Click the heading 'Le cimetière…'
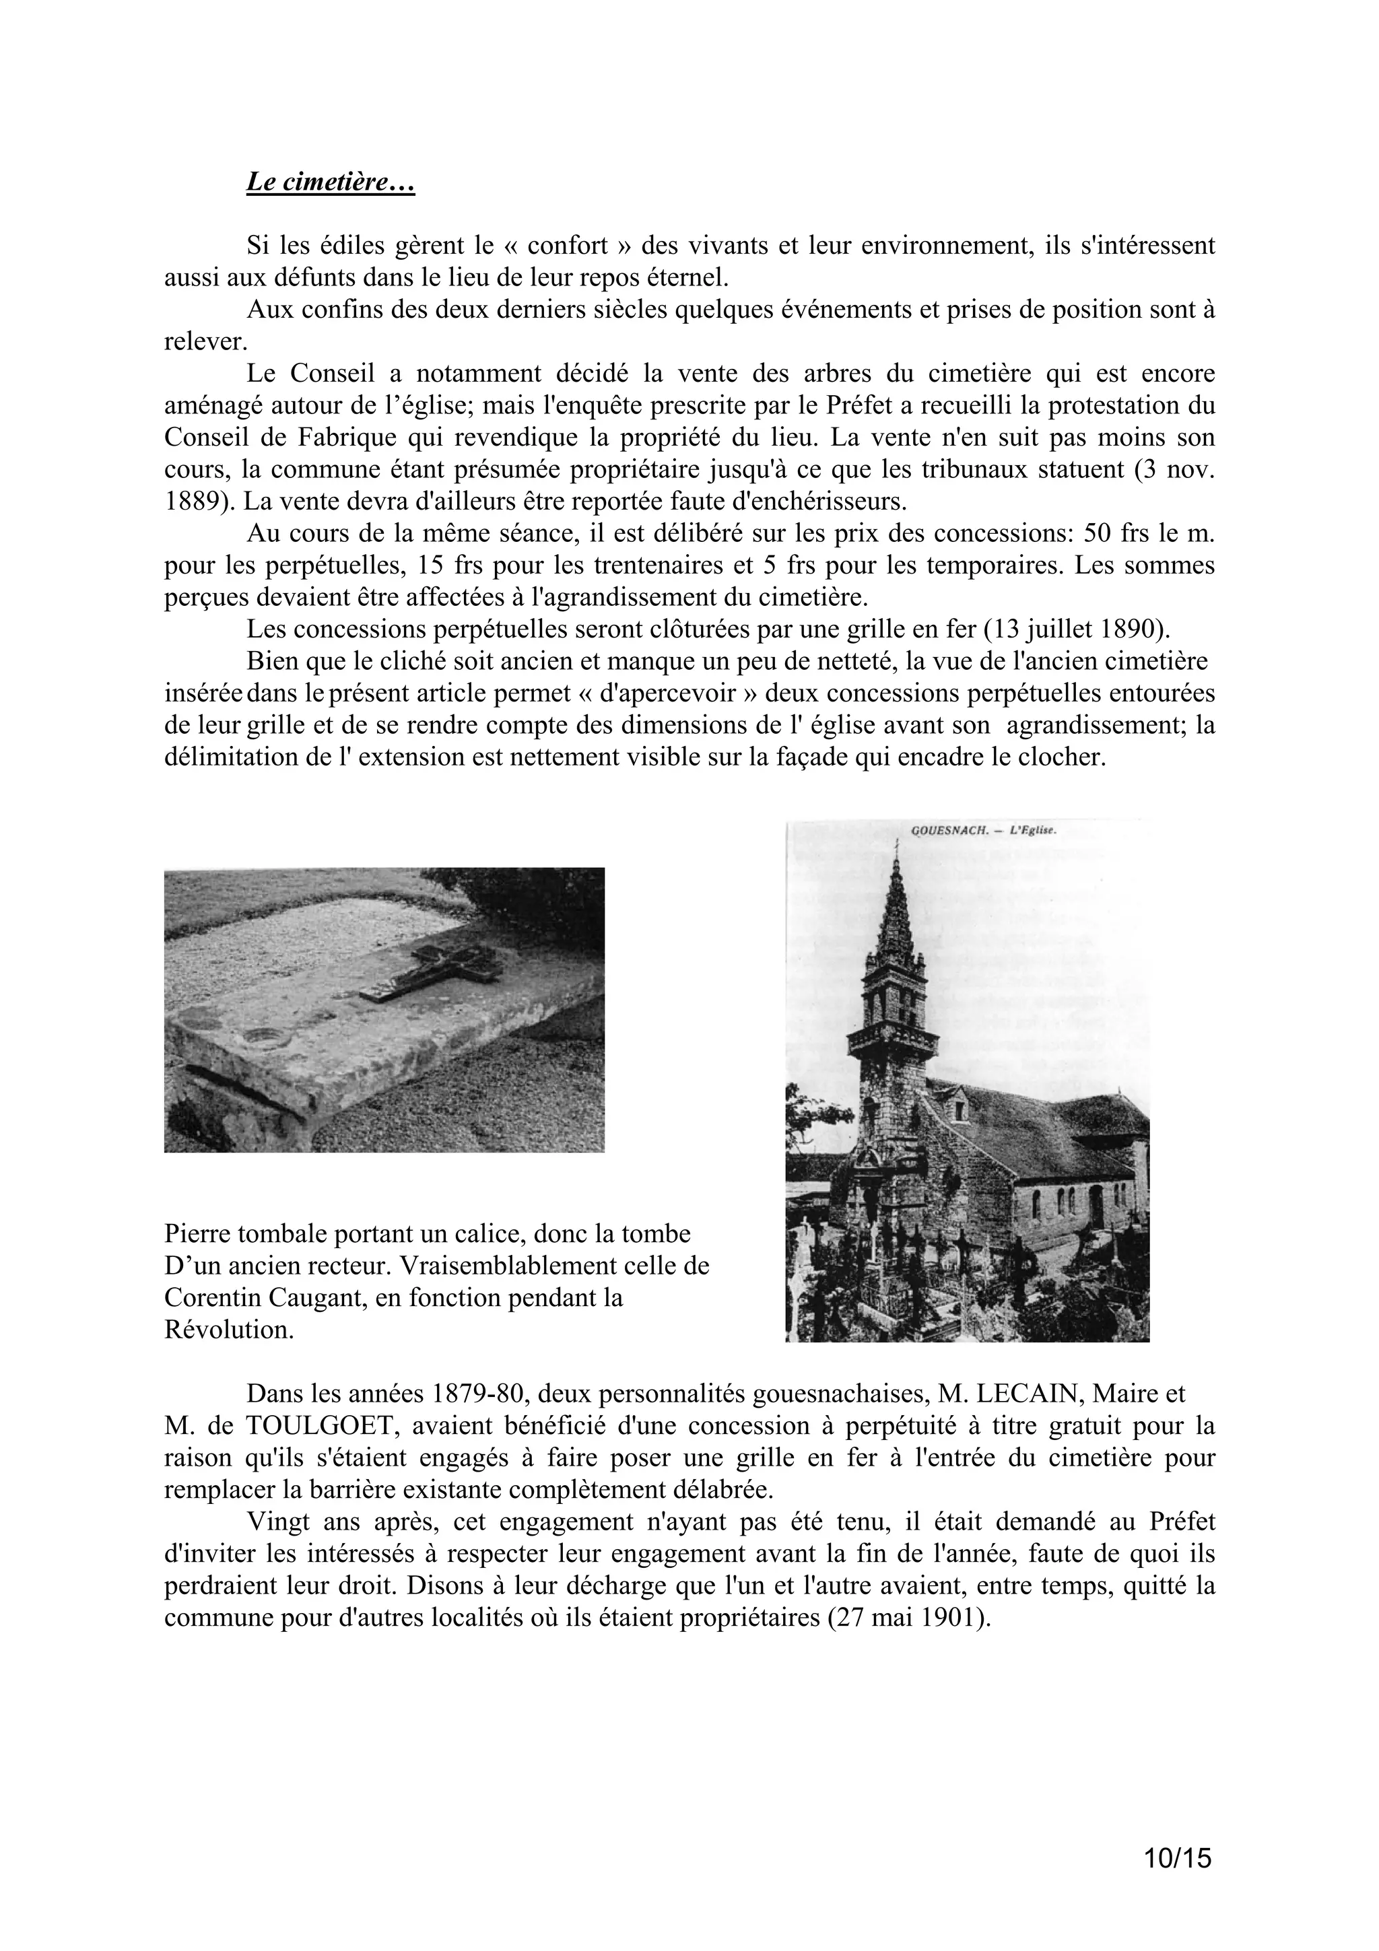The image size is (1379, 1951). pos(330,182)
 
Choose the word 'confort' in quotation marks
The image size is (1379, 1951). pos(567,246)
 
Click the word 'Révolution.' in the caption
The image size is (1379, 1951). pos(228,1331)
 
